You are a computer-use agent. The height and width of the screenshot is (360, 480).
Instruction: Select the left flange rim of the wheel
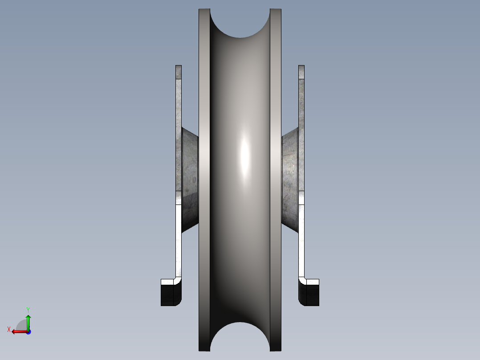coord(204,178)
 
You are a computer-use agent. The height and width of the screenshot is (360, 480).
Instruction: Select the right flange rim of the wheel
coord(276,178)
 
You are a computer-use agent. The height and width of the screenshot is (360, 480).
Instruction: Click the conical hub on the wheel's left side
coord(189,178)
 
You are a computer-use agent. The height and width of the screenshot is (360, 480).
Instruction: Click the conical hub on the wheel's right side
coord(290,178)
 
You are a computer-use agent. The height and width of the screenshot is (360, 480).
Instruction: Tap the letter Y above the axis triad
coord(28,309)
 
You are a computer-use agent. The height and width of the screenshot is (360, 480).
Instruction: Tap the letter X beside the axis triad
coord(9,329)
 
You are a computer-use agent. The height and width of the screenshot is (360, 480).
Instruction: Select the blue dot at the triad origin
coord(28,331)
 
